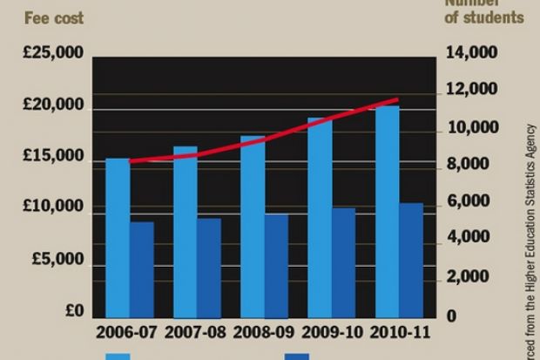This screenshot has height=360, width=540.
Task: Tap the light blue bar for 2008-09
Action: (253, 226)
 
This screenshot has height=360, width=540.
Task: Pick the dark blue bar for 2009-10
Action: (343, 262)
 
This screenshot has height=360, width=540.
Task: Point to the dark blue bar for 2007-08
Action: (209, 267)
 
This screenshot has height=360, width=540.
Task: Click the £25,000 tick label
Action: (53, 54)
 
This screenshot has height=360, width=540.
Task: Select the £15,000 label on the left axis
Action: (53, 157)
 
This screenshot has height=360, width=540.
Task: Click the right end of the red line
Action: (397, 99)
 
